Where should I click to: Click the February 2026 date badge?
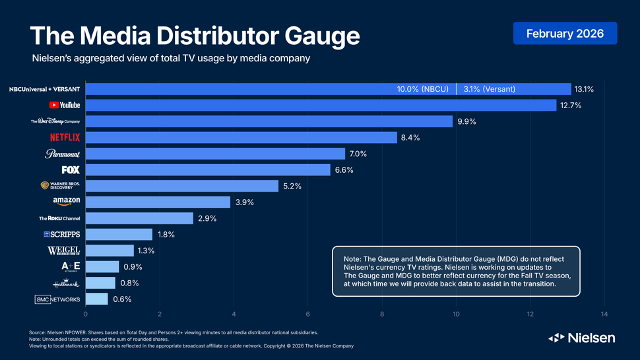point(565,33)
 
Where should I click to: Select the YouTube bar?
point(321,105)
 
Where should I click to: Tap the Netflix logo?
point(65,137)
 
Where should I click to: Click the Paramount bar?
point(215,154)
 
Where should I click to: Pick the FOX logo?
point(71,169)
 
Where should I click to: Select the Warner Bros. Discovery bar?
point(182,186)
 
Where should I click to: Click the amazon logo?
point(67,201)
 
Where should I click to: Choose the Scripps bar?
point(119,234)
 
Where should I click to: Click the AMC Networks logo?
point(57,299)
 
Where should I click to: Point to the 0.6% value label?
point(122,299)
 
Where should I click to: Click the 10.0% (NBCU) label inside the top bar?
point(424,89)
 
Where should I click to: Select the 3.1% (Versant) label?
point(490,89)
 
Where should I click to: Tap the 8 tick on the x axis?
point(382,315)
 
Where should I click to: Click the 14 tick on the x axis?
point(604,315)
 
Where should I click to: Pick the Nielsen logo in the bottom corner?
point(581,338)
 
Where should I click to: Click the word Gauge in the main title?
point(313,36)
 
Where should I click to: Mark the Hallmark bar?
point(100,283)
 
